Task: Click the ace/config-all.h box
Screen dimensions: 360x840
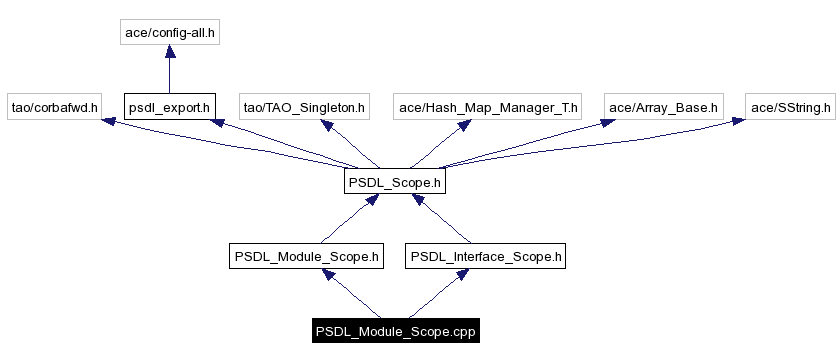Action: [169, 32]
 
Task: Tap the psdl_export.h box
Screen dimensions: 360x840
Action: [169, 106]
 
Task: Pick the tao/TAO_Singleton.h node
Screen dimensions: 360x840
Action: [306, 106]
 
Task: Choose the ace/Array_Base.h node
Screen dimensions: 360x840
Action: [663, 106]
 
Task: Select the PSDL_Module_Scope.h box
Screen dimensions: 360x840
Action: [306, 257]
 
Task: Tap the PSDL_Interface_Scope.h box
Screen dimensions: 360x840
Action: [487, 257]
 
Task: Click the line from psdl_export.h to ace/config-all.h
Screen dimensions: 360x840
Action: [169, 75]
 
